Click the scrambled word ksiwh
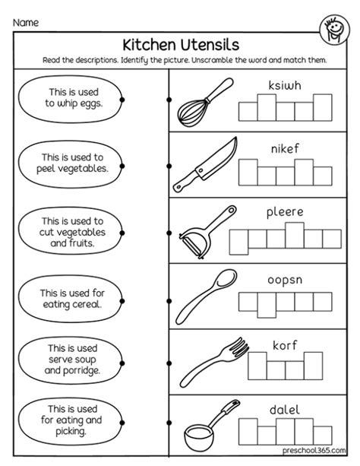click(x=285, y=86)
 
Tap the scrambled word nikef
click(x=285, y=148)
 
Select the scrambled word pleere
click(x=285, y=213)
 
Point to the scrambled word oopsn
click(x=285, y=281)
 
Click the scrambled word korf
click(x=285, y=345)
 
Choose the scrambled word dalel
click(x=285, y=411)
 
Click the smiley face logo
click(x=335, y=30)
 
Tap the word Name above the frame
click(x=26, y=23)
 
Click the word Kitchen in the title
click(x=149, y=45)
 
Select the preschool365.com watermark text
click(x=314, y=450)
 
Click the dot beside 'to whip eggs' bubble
click(x=122, y=100)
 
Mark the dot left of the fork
click(x=169, y=363)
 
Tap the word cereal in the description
click(x=86, y=304)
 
